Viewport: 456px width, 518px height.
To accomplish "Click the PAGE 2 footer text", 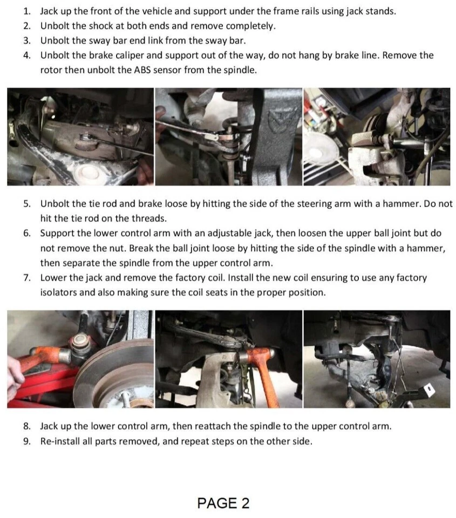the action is coord(223,503).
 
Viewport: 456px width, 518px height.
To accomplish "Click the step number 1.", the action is coord(27,11).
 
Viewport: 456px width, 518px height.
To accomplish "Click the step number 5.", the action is coord(27,204).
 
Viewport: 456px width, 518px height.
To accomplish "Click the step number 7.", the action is coord(27,278).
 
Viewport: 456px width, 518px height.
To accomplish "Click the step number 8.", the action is coord(27,426).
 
